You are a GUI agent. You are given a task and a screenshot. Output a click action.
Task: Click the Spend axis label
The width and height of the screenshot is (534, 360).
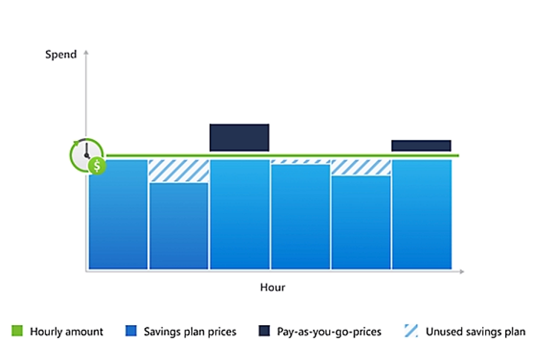pos(61,54)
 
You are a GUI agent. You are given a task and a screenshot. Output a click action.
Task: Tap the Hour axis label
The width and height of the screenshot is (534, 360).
pos(272,287)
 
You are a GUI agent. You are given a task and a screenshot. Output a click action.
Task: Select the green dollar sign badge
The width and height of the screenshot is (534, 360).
pos(97,166)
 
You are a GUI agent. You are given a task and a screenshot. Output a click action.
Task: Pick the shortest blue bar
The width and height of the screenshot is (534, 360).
pos(179,226)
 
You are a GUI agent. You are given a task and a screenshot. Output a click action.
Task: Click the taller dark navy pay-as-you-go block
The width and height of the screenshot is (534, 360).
pos(240,138)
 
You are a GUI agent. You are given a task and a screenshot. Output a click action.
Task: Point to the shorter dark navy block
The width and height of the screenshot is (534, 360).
pos(421,145)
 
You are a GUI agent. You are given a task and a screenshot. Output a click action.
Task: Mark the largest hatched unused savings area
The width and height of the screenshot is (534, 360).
pos(179,171)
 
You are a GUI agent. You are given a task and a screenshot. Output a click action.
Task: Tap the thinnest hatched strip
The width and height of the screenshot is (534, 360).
pos(300,162)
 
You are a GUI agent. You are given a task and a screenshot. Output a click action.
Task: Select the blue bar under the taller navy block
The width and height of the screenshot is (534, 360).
pos(240,215)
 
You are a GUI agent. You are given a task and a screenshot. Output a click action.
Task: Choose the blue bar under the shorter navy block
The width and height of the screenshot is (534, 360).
pos(422,215)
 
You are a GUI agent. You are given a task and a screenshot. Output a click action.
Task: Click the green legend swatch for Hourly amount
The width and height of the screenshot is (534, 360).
pos(17,331)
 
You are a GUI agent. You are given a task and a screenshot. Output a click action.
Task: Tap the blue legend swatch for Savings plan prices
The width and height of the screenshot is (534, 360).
pos(131,331)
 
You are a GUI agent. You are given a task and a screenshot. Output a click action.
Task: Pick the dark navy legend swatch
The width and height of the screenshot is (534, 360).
pos(264,331)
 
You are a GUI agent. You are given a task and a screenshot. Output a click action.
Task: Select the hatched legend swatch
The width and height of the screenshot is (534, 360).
pos(412,331)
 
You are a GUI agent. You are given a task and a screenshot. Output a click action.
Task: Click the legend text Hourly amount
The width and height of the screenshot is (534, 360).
pos(67,332)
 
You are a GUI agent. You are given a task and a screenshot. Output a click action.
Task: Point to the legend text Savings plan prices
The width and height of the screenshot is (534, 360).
pos(190,332)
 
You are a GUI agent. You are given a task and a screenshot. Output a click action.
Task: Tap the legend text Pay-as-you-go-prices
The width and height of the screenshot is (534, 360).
pos(329,332)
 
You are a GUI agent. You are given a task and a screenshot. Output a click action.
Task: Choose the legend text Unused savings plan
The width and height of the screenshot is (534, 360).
pos(475,332)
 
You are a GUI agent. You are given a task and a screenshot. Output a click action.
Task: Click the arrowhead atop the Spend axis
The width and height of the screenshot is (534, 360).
pos(86,52)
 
